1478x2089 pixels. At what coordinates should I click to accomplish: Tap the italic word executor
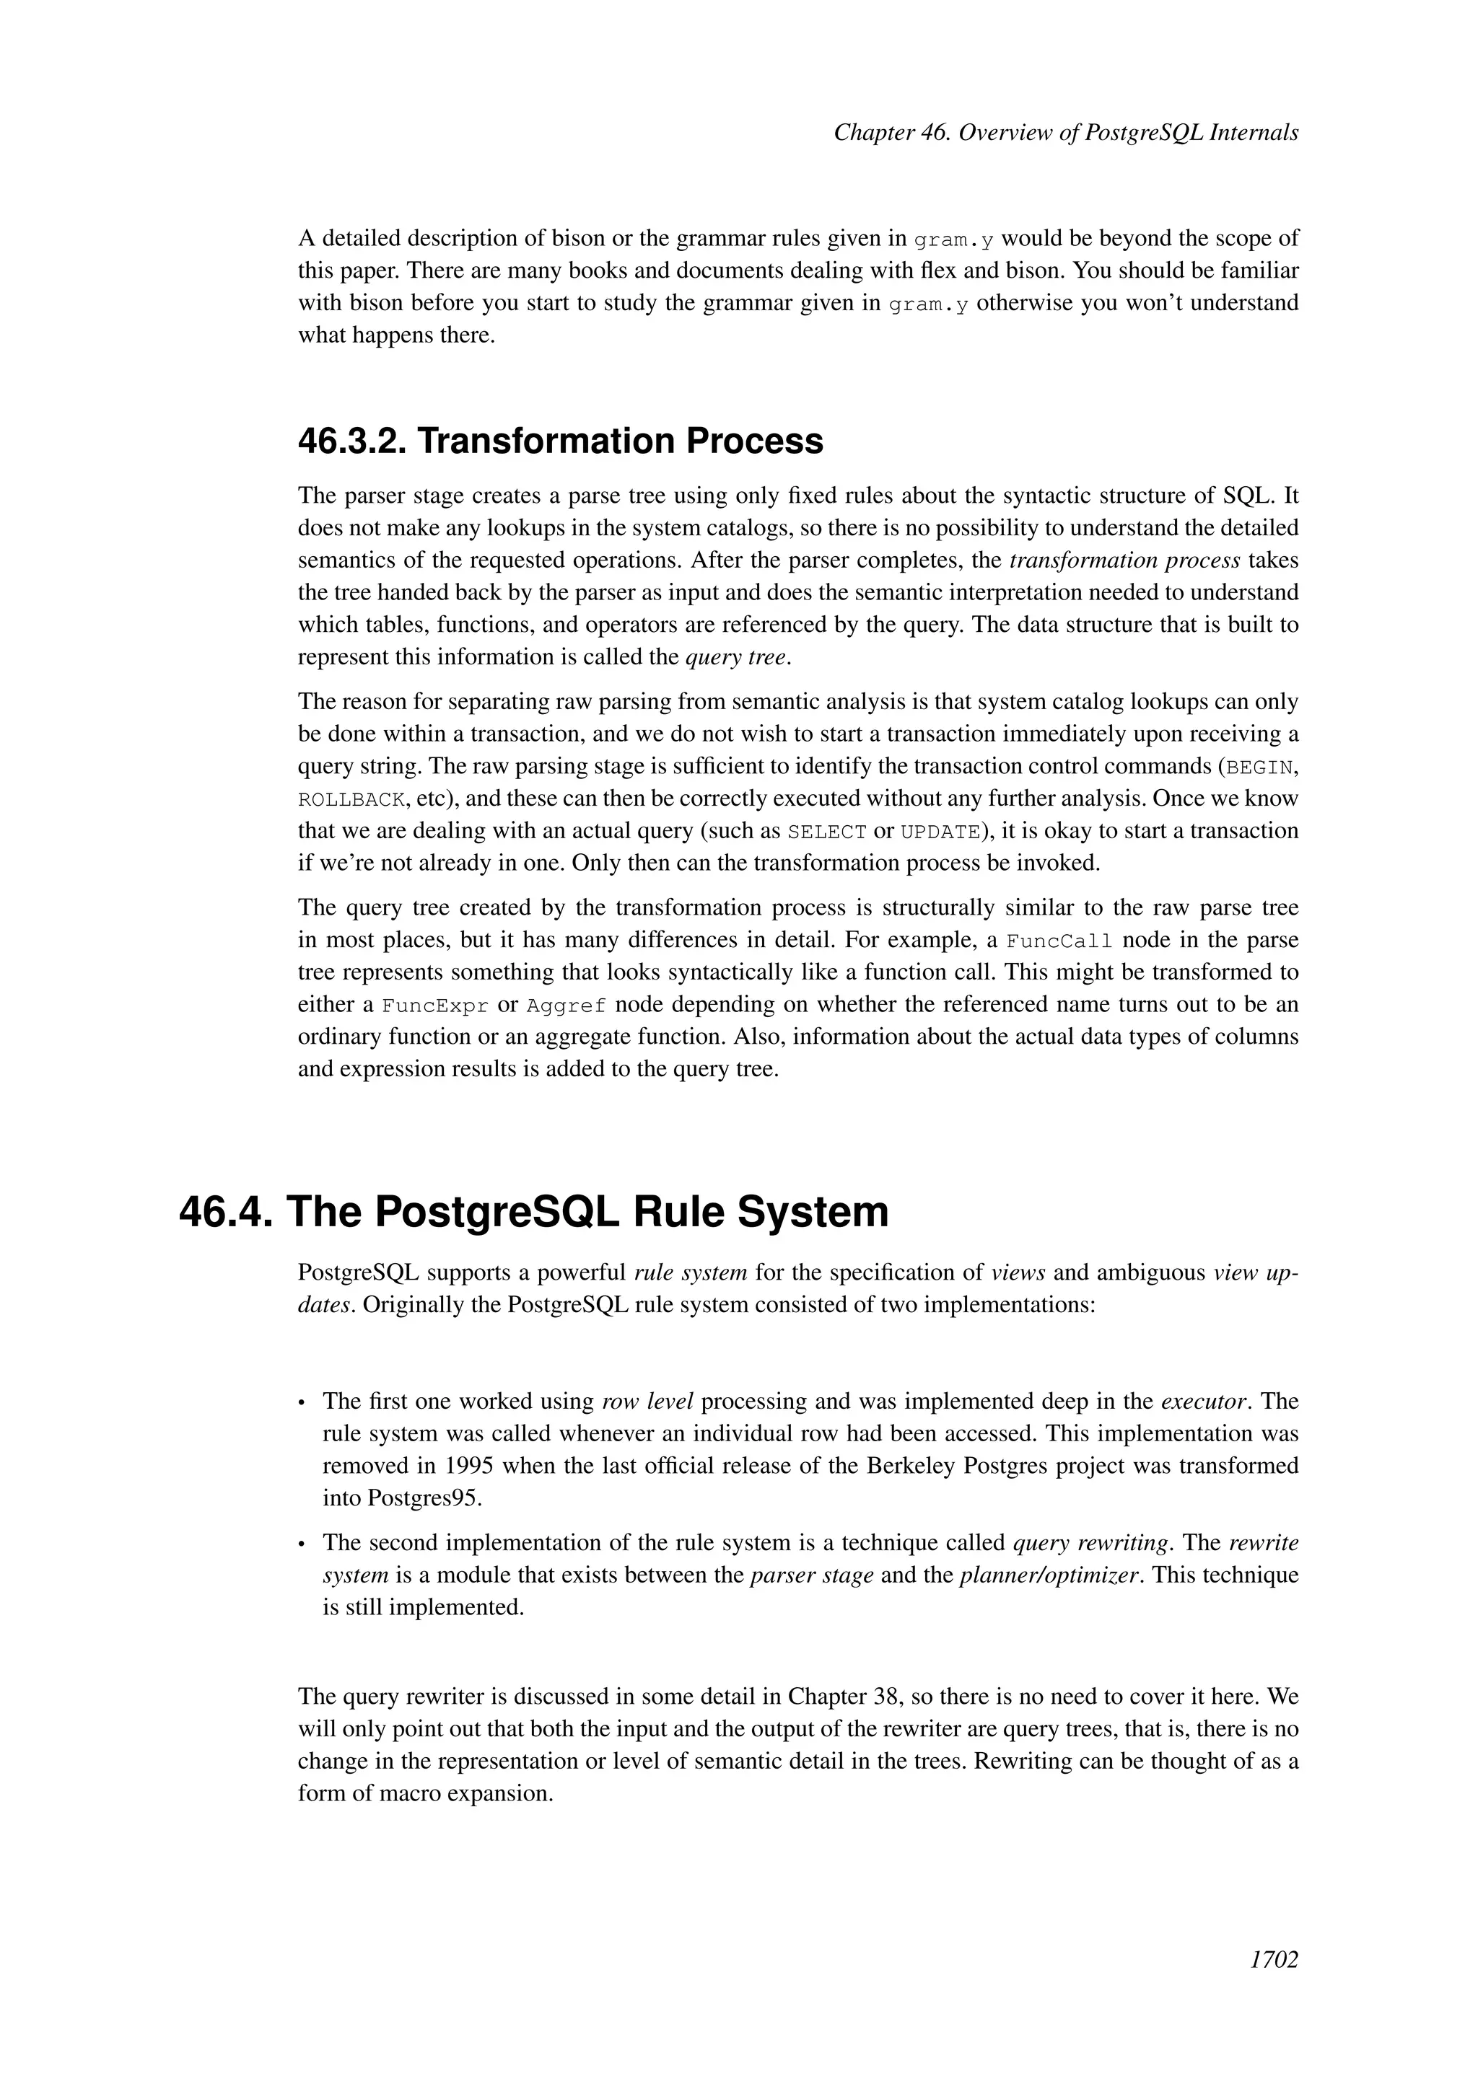coord(1203,1401)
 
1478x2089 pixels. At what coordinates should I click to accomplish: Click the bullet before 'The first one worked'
coord(303,1403)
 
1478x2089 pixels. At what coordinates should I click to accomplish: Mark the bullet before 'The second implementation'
coord(303,1544)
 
